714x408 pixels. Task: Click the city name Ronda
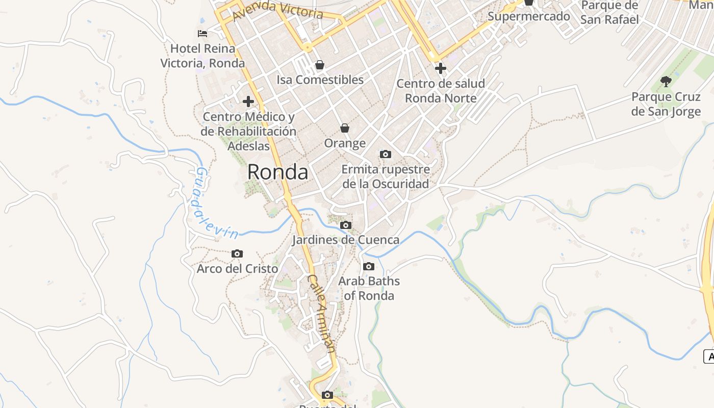277,172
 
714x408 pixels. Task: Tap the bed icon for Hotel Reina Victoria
202,34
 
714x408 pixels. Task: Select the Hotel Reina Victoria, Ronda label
202,56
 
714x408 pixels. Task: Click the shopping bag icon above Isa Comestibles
320,65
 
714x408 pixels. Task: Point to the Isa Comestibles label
320,80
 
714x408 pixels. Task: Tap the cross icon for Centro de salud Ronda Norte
441,68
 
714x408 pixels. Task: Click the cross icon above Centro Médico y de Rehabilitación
248,101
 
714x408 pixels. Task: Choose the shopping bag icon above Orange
345,128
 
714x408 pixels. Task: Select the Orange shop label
345,143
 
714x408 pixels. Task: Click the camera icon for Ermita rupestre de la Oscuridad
386,154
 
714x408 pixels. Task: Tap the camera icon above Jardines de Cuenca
346,225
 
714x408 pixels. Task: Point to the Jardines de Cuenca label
345,240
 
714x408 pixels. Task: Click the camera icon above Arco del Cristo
237,253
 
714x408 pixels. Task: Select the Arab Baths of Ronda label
369,288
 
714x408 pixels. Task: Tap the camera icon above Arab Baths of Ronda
369,266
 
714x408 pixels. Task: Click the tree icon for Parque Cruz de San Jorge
666,81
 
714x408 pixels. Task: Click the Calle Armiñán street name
321,313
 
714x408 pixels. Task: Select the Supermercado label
528,16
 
